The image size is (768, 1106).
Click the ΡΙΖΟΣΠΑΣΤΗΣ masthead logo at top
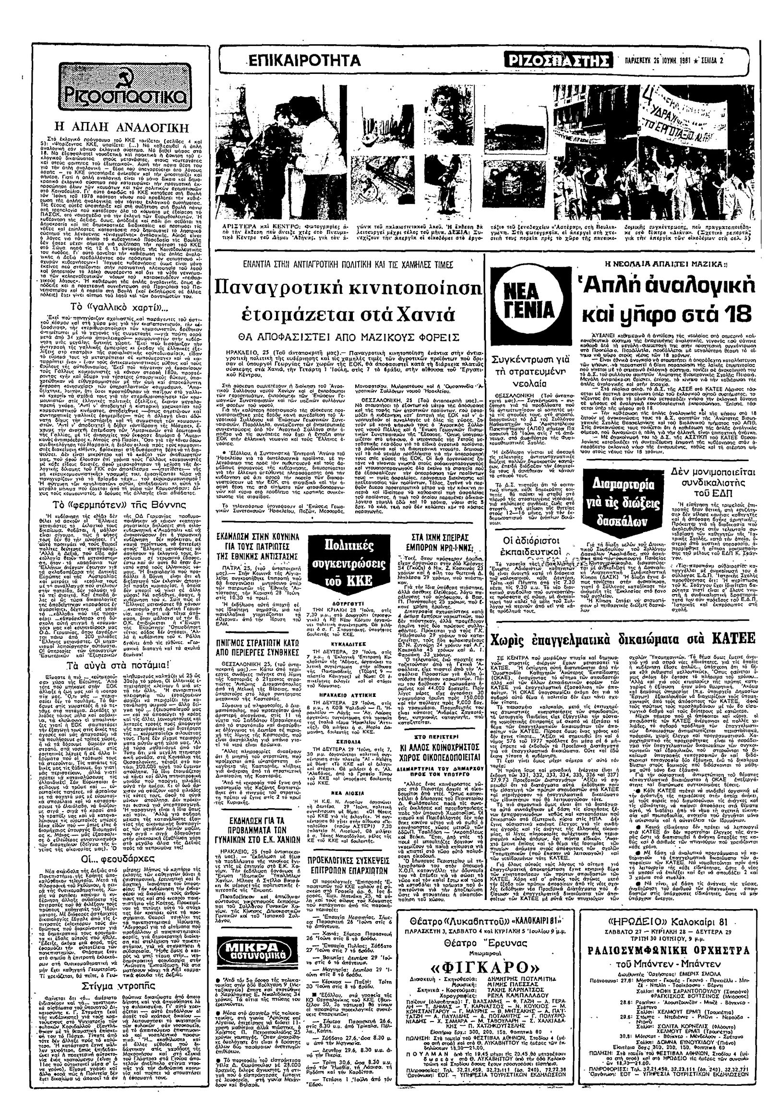[x=561, y=61]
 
